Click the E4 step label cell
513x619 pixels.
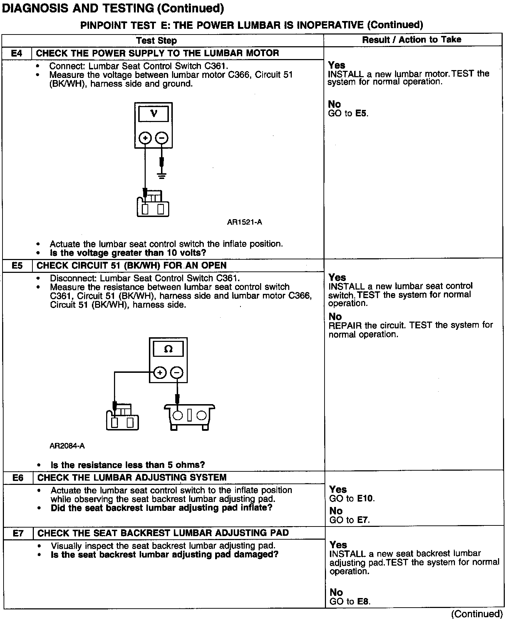pos(17,53)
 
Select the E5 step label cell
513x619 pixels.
pos(17,266)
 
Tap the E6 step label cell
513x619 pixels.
pos(18,478)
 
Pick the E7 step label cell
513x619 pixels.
pos(18,533)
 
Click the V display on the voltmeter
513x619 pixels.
pos(154,114)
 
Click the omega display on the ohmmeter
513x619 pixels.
pos(168,349)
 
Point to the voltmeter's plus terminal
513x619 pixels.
pos(145,138)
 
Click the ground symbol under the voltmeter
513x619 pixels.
pos(162,175)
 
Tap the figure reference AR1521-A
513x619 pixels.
pos(244,222)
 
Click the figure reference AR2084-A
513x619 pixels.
pos(67,446)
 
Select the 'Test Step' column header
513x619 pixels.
pos(156,41)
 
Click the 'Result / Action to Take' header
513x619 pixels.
pos(411,40)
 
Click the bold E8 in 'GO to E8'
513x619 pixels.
pos(363,601)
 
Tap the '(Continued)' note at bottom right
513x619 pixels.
pos(477,614)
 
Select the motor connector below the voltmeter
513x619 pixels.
pos(153,207)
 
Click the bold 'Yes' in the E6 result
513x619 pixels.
pos(338,490)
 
